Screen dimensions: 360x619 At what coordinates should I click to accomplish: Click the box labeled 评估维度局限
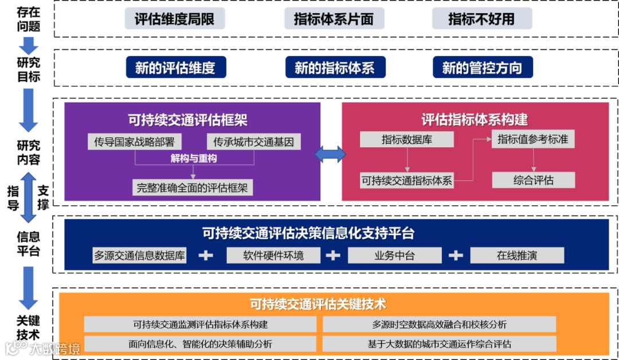coord(175,19)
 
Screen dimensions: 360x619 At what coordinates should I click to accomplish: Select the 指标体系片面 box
coord(334,19)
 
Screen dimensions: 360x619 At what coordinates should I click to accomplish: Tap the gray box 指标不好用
coord(481,19)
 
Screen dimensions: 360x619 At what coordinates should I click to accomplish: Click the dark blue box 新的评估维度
coord(175,68)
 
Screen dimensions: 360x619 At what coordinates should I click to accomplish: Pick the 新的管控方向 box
coord(482,68)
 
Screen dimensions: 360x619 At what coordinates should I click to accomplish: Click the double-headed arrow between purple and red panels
coord(331,154)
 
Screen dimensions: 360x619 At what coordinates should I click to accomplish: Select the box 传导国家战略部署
coord(134,141)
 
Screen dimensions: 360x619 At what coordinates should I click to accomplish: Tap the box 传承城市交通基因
coord(253,141)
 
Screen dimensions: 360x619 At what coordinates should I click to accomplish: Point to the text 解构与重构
coord(194,158)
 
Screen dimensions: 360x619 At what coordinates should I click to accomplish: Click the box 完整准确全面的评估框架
coord(193,187)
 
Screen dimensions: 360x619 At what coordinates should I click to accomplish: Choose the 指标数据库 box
coord(406,139)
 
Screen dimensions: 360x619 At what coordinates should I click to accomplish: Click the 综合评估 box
coord(533,180)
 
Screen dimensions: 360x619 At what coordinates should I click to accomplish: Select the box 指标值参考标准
coord(533,139)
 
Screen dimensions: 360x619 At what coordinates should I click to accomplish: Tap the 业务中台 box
coord(394,255)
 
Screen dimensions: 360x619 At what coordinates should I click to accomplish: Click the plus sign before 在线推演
coord(456,255)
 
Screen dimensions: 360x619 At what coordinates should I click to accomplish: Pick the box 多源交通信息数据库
coord(140,255)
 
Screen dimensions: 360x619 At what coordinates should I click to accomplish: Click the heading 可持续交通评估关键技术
coord(334,303)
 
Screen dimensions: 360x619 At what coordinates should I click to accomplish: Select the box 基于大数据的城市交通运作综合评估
coord(439,344)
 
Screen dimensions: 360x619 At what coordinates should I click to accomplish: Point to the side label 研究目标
coord(28,69)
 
